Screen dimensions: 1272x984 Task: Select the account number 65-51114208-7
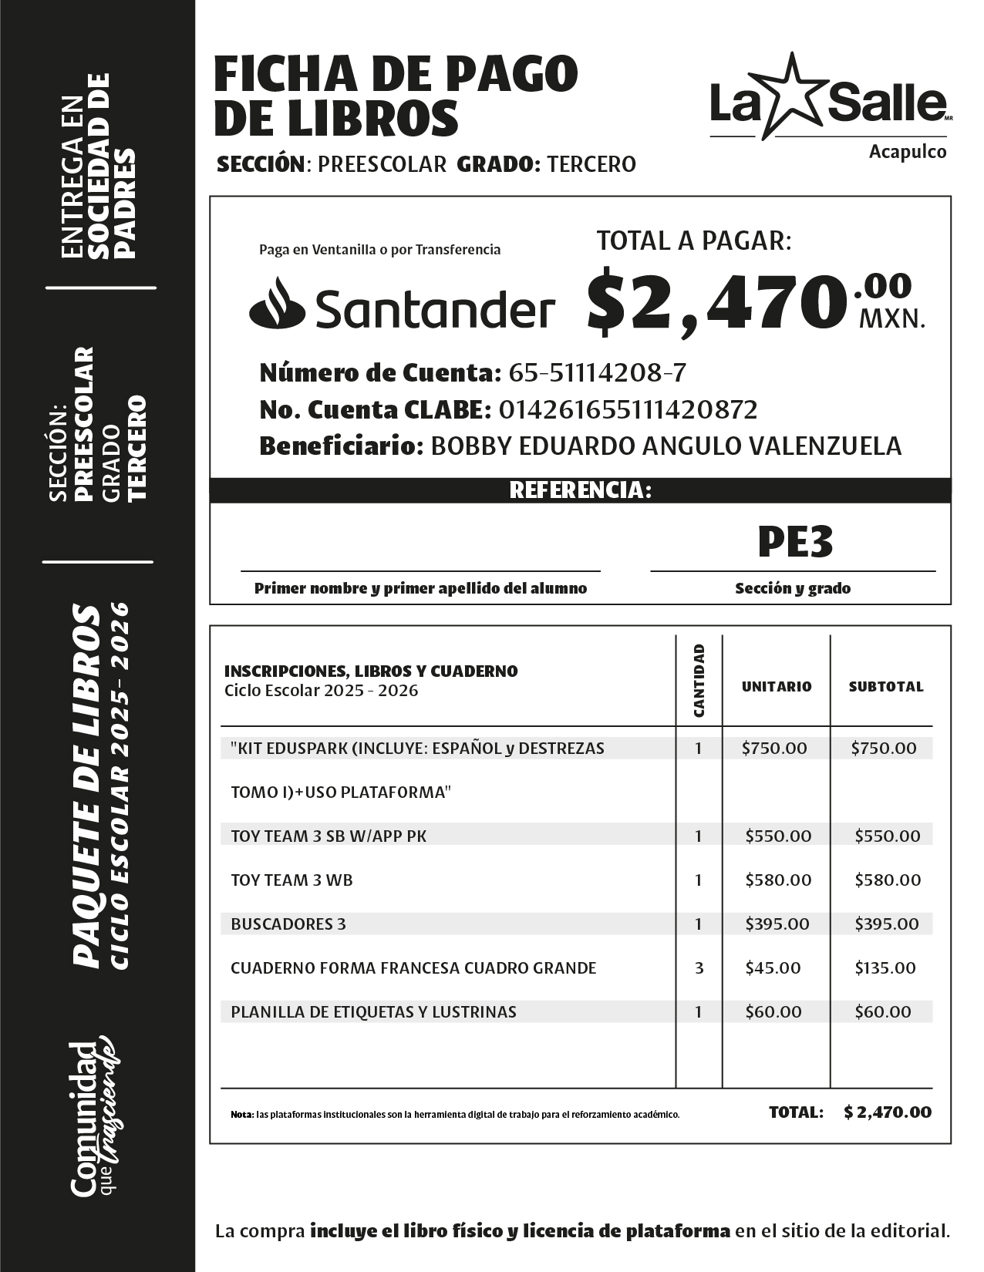pos(597,373)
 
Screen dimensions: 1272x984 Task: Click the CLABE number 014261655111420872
pos(628,409)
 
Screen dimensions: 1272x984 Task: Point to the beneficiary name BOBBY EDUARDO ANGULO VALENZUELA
pos(666,446)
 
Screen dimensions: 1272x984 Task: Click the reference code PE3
pos(794,542)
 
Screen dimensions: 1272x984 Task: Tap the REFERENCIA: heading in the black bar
pos(580,490)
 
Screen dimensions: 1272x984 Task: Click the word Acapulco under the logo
pos(907,152)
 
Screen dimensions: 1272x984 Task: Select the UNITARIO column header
pos(776,686)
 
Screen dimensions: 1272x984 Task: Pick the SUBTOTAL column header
pos(885,686)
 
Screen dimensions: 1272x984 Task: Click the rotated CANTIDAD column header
pos(699,681)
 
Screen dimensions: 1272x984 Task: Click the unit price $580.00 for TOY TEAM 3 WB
pos(778,880)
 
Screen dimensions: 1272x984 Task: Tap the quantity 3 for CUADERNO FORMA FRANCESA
pos(699,967)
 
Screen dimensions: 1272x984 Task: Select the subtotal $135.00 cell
pos(885,967)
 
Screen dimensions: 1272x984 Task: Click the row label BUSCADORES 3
pos(288,924)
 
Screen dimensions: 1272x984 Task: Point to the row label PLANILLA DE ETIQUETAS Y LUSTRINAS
pos(373,1011)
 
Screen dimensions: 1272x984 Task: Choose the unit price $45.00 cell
pos(773,967)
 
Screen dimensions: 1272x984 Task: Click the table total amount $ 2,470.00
pos(887,1112)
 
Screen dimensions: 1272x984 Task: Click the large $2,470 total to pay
pos(713,302)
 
